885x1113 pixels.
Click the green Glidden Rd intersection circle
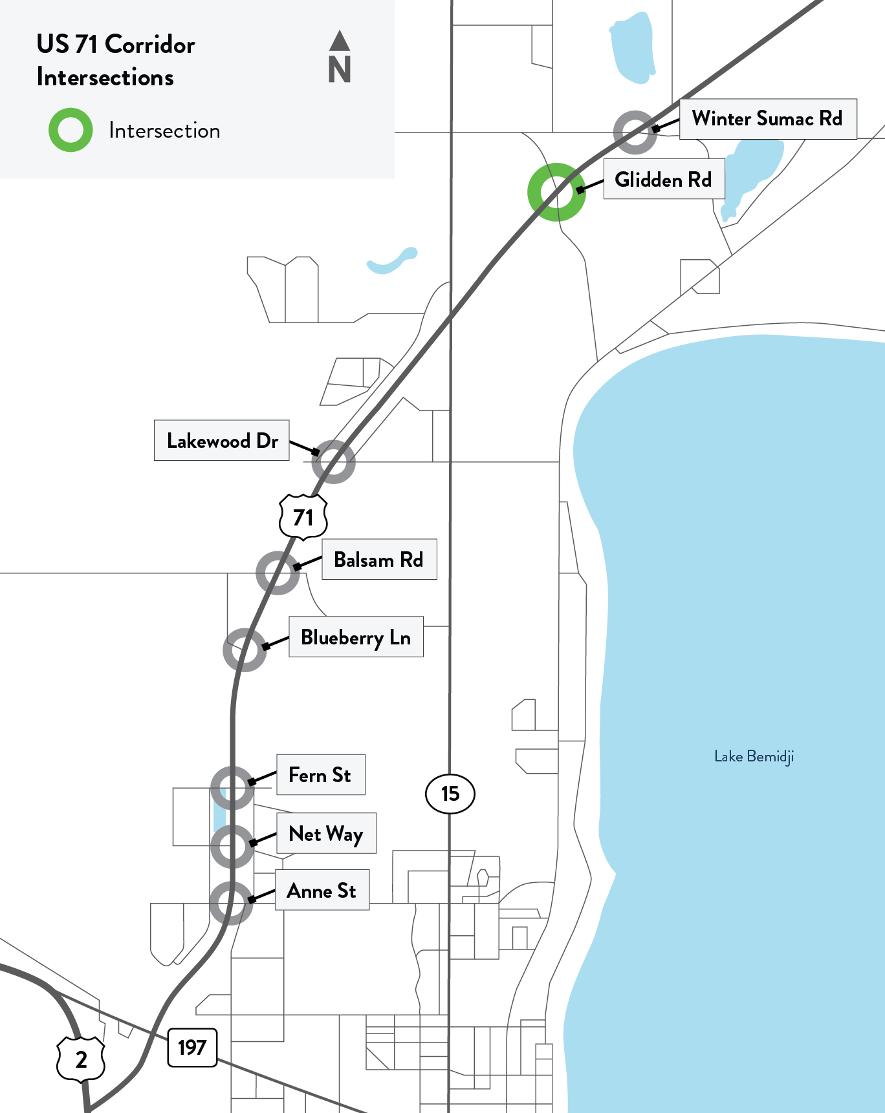(x=556, y=192)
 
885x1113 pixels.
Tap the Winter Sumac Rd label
(x=768, y=119)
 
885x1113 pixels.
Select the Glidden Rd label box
(x=664, y=180)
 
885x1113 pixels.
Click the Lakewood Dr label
(x=222, y=441)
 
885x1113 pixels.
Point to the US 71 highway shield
(x=303, y=517)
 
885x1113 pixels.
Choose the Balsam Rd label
(x=379, y=560)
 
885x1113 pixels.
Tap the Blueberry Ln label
(x=356, y=637)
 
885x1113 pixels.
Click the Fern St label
(x=320, y=775)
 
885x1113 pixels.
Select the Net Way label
(x=326, y=834)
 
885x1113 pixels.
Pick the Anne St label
(x=322, y=891)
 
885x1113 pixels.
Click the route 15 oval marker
(x=450, y=794)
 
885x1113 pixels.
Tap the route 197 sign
(x=192, y=1047)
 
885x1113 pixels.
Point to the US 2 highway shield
(x=81, y=1059)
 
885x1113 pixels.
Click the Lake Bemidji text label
(x=754, y=756)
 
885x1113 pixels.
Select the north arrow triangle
(x=340, y=41)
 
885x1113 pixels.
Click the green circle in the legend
(x=71, y=130)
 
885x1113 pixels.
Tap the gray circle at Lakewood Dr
(x=333, y=461)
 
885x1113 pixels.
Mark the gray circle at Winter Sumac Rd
(x=635, y=132)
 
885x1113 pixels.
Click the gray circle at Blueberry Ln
(x=245, y=650)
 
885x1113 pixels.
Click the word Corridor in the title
(x=150, y=45)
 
